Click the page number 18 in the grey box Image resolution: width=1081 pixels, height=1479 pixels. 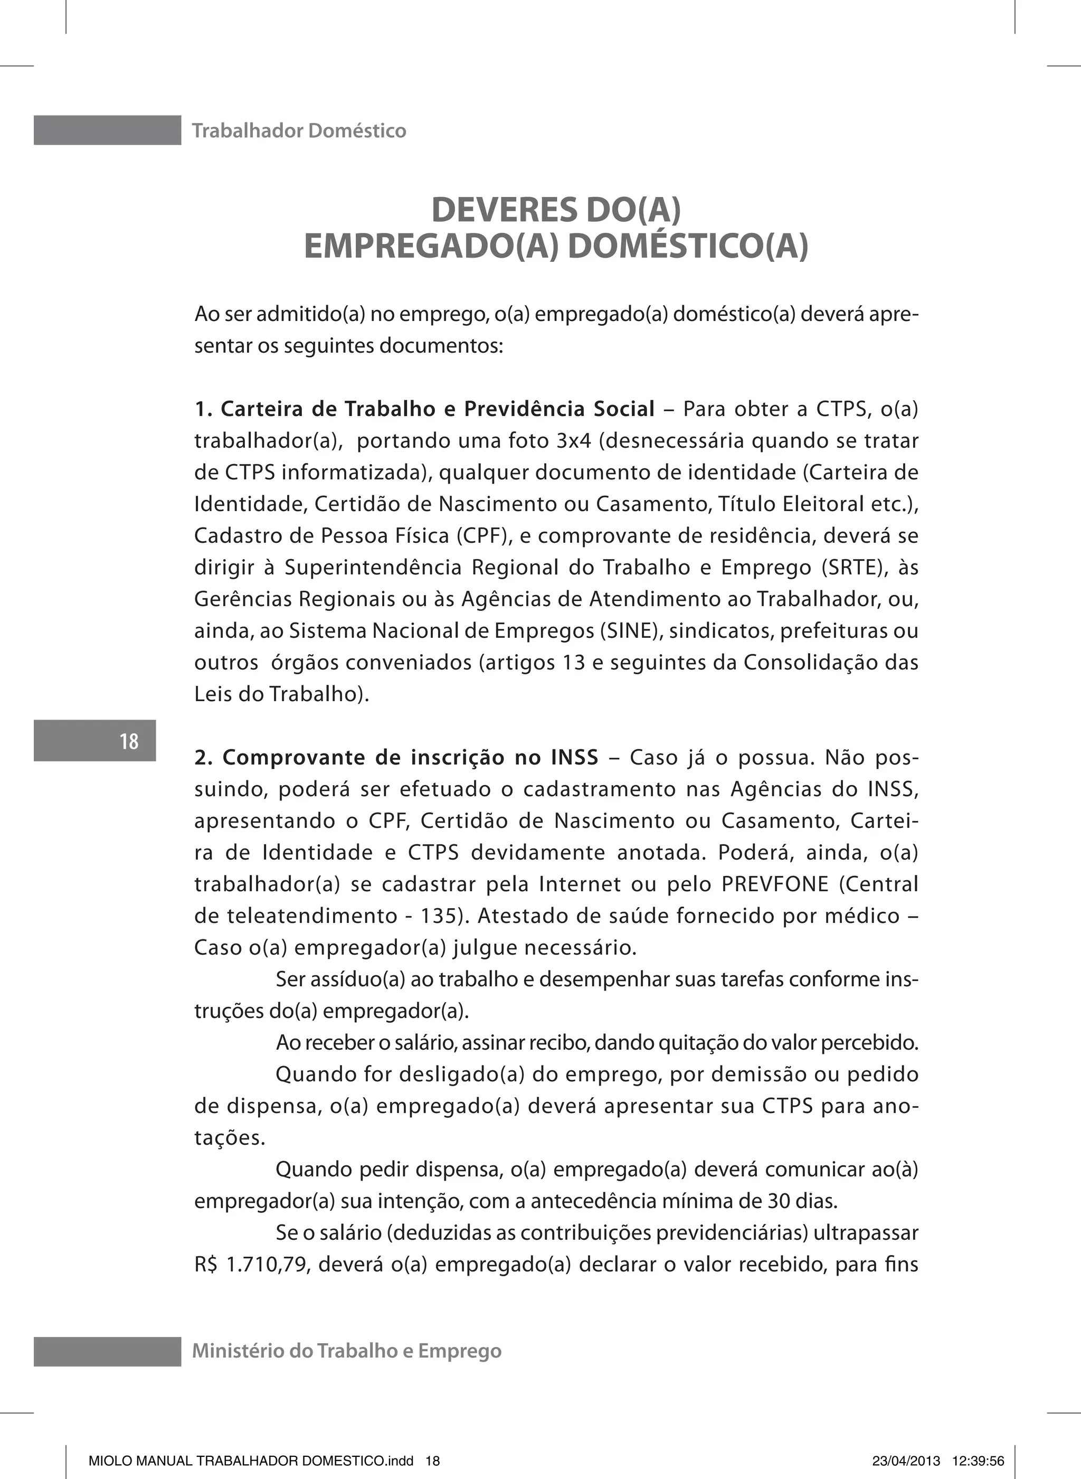129,741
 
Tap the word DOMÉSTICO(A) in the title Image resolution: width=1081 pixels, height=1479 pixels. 688,247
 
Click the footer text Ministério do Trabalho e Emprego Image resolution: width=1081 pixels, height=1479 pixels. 347,1351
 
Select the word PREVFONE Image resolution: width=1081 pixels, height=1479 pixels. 775,884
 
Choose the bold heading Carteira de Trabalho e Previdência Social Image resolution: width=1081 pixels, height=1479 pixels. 437,409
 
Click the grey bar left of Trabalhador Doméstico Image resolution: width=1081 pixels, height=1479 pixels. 107,130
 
